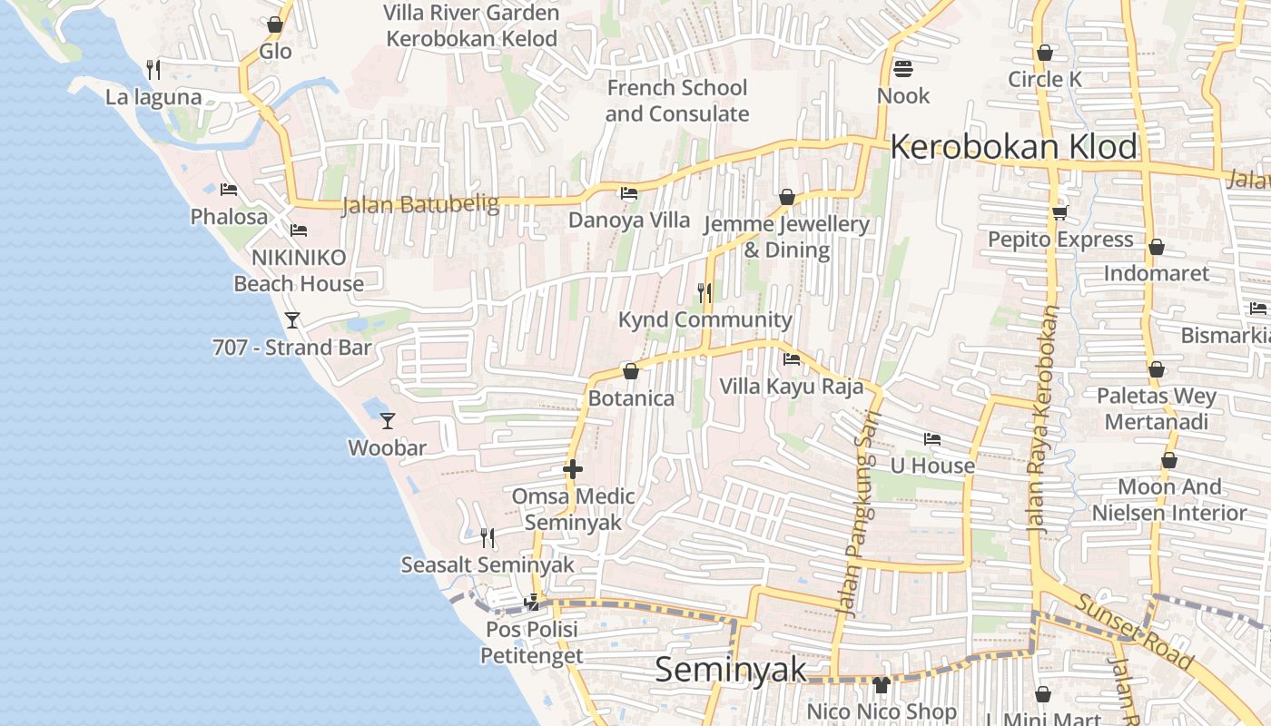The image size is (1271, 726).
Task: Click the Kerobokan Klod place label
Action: coord(1013,147)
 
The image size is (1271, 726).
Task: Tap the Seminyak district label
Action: coord(730,670)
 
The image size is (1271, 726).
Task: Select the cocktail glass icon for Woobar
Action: coord(388,420)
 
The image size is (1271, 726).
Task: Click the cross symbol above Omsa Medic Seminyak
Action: coord(573,469)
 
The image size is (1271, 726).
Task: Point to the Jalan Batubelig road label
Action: coord(420,204)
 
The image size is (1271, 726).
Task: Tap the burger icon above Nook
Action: coord(902,68)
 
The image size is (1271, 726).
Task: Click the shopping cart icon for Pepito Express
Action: coord(1059,212)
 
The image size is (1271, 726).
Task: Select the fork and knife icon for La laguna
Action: coord(153,69)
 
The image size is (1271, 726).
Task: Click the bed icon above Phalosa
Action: coord(229,190)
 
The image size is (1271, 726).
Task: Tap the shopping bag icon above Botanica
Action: coord(631,371)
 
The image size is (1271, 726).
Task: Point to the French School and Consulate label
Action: coord(677,101)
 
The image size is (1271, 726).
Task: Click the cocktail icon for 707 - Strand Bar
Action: coord(292,319)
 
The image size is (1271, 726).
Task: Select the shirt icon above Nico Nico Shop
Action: coord(881,684)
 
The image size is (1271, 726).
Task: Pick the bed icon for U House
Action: coord(932,439)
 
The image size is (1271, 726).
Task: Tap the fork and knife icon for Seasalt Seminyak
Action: coord(488,537)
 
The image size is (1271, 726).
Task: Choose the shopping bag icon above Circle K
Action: coord(1045,53)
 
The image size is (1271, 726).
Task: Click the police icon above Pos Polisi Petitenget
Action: coord(532,602)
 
